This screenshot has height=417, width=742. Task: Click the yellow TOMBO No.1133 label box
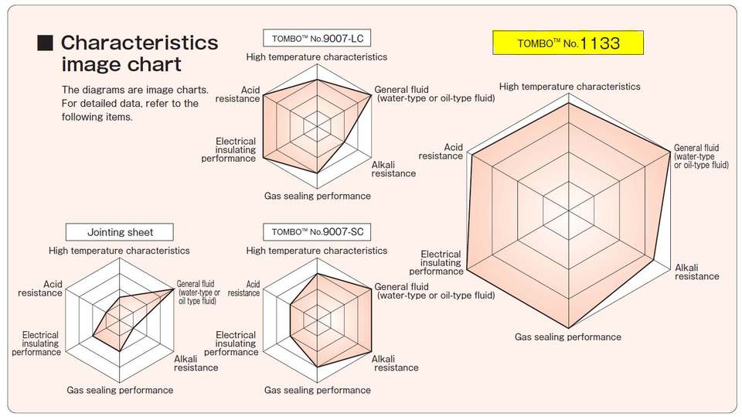[568, 43]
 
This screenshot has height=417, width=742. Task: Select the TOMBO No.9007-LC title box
[316, 38]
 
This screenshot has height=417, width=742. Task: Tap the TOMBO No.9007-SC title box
[316, 231]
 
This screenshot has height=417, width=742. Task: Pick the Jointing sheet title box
[120, 231]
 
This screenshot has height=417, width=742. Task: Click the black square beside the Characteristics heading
[46, 43]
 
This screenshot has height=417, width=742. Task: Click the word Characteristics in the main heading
[139, 43]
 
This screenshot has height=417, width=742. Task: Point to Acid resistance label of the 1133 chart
[441, 152]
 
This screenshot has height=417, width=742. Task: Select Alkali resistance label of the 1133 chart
[696, 272]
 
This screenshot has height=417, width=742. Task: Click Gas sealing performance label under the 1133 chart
[568, 337]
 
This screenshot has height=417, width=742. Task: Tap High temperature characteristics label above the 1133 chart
[570, 87]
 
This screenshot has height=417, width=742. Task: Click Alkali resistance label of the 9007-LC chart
[393, 169]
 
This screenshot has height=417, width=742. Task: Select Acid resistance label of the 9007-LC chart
[238, 94]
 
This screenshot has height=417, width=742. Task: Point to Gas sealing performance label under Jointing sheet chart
[120, 390]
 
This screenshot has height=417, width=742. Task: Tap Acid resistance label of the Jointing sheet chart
[40, 289]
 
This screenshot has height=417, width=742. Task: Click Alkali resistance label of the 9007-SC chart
[395, 363]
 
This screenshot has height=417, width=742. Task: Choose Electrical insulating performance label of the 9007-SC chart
[236, 343]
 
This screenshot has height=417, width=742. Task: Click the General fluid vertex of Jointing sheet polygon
[174, 288]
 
